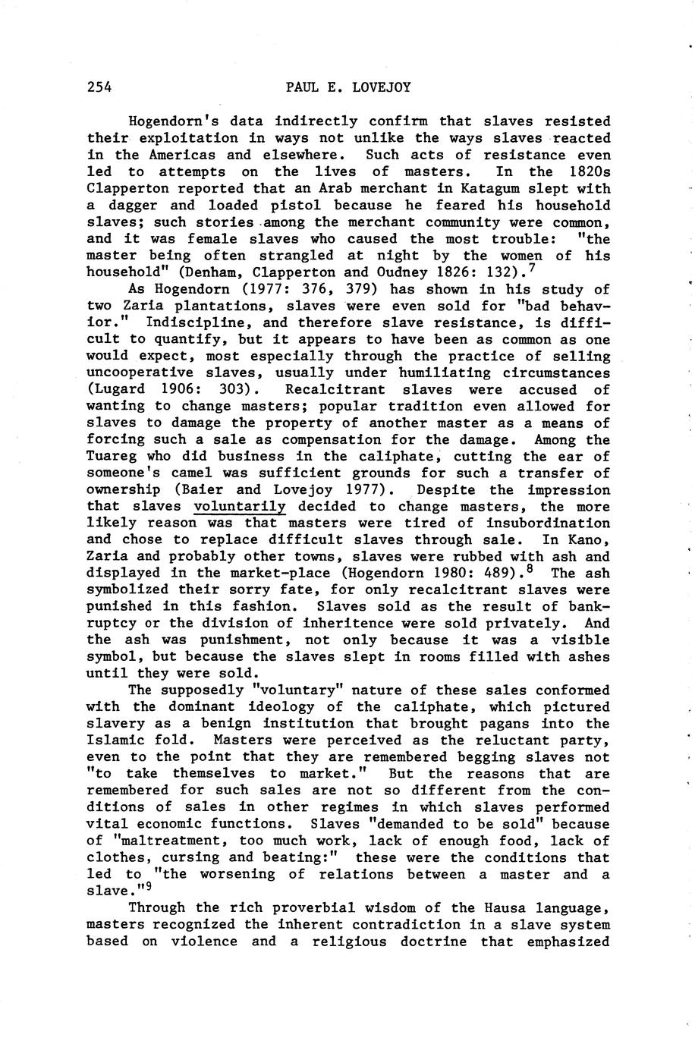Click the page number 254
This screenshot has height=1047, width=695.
tap(99, 87)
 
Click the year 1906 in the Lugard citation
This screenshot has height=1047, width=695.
tap(182, 390)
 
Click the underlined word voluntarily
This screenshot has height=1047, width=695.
tap(240, 507)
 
